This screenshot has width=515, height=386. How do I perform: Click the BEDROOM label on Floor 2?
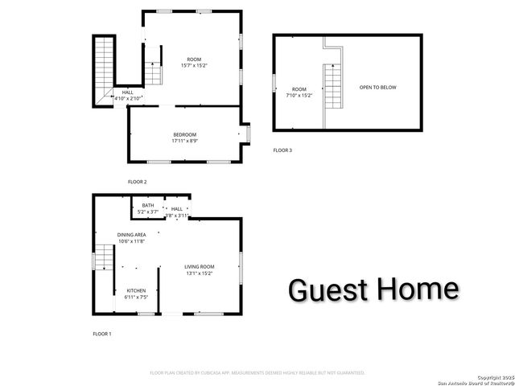[184, 134]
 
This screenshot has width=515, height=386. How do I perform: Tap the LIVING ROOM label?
[200, 266]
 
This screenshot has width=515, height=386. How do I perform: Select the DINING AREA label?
[132, 234]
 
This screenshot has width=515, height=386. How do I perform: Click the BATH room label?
[148, 206]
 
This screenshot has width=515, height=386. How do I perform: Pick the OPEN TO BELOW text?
[377, 87]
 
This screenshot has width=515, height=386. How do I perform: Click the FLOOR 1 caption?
[102, 333]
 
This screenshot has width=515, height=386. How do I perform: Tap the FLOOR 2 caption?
[138, 182]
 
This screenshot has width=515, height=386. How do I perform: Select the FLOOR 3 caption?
[282, 150]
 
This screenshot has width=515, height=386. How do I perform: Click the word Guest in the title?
[326, 289]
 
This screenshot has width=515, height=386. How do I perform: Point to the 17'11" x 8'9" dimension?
[184, 141]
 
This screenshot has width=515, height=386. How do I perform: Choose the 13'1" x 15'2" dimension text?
[200, 273]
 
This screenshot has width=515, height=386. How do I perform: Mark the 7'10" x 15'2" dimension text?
[299, 95]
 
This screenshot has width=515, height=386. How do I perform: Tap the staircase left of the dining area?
[101, 260]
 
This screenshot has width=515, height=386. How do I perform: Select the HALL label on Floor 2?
[128, 92]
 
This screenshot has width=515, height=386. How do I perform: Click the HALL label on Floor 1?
[177, 209]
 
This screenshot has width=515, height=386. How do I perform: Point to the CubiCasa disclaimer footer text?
[257, 373]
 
